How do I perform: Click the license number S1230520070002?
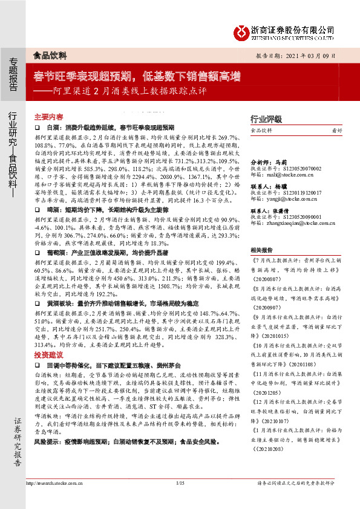click(298, 169)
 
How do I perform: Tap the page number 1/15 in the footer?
click(180, 500)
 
